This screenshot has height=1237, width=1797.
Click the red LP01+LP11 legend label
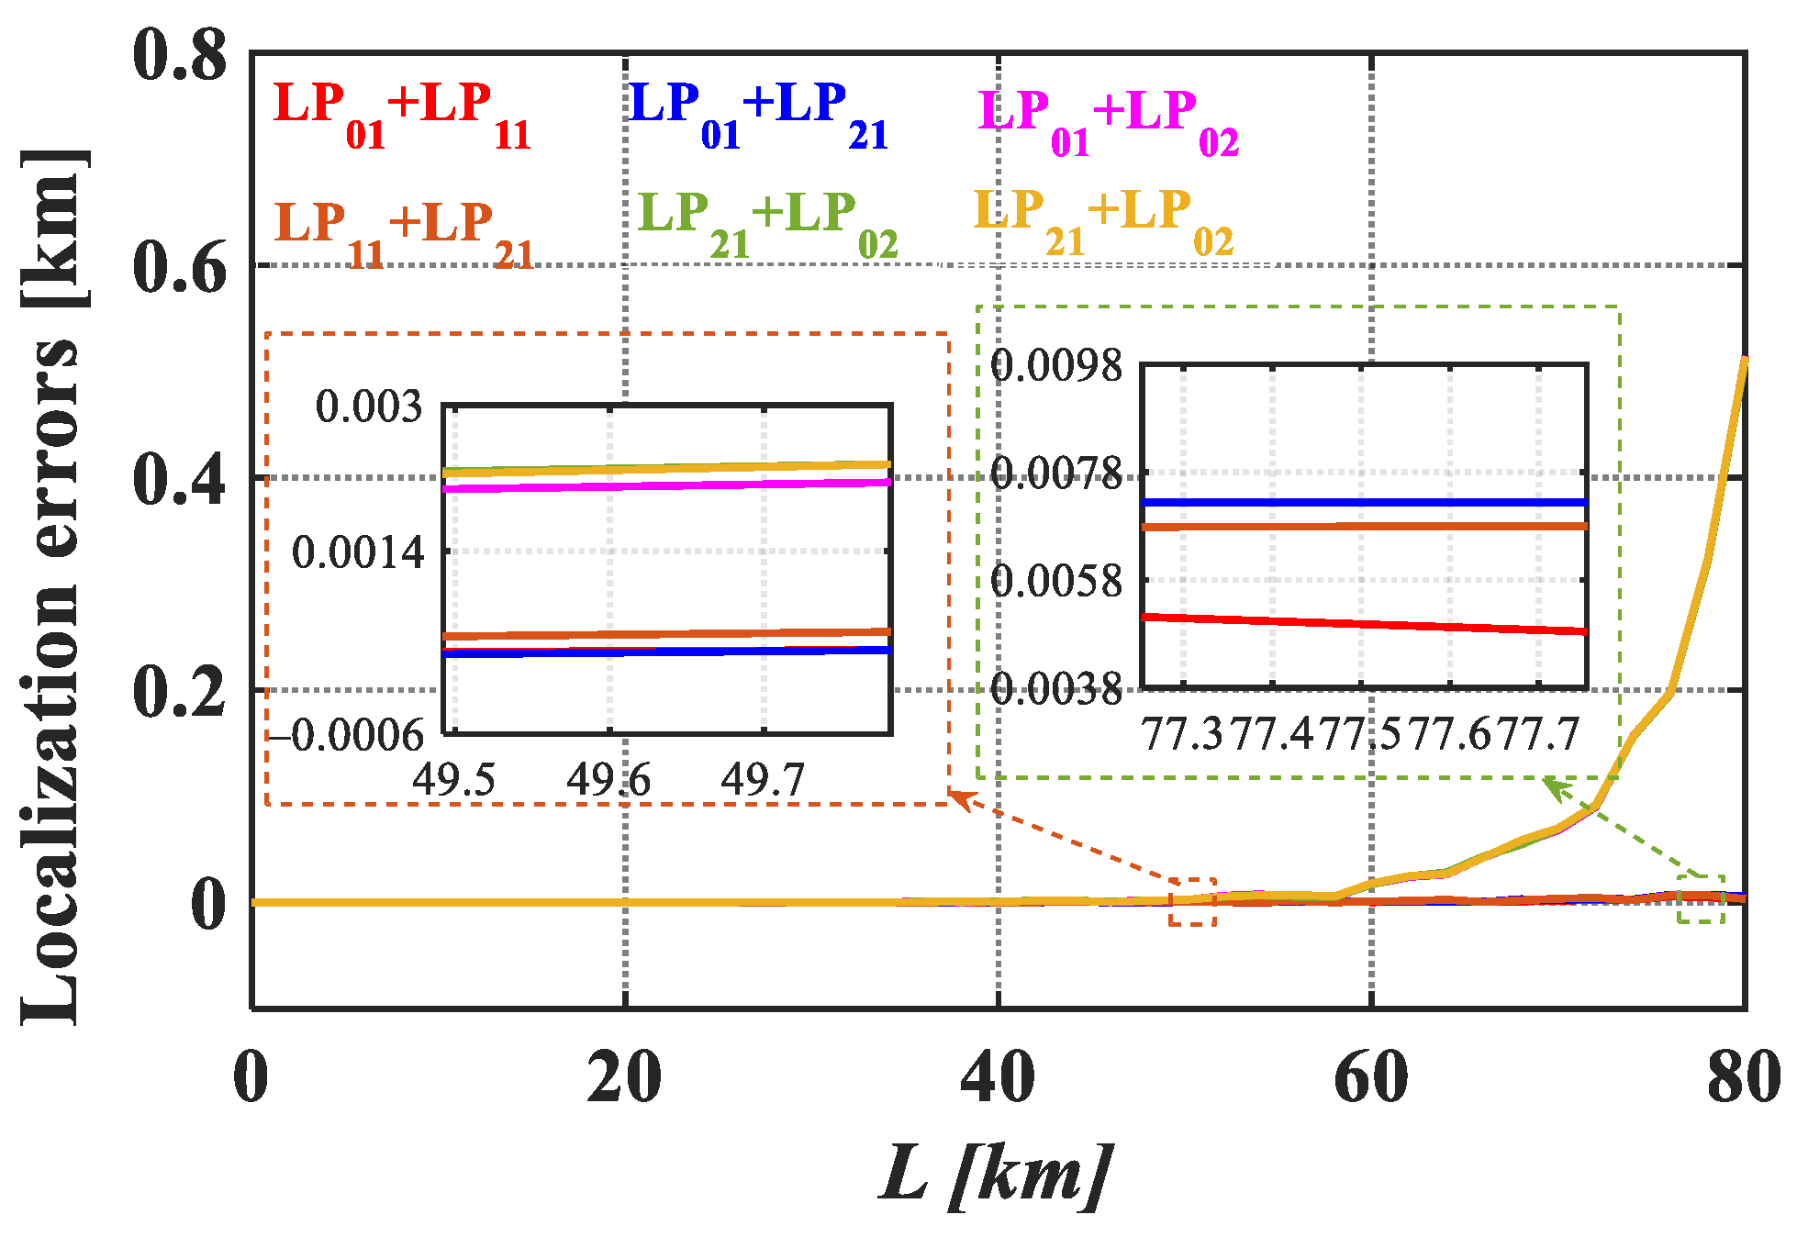point(401,115)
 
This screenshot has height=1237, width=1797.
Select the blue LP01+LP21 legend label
point(758,115)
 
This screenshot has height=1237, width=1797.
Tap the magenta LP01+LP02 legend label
point(1108,122)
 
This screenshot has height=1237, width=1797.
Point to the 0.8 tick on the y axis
point(180,55)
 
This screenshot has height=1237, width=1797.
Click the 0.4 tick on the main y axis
point(180,479)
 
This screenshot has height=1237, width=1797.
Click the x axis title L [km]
point(996,1175)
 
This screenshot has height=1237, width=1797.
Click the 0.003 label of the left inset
point(369,406)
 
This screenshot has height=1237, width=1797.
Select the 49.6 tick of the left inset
point(608,781)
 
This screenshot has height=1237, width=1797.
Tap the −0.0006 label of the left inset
point(346,735)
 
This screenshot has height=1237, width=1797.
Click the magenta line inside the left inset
point(666,485)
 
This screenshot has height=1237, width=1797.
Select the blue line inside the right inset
point(1364,502)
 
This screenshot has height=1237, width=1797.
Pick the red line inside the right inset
point(1364,624)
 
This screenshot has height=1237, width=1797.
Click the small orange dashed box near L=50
point(1192,901)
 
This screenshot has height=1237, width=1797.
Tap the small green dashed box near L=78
point(1701,899)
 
